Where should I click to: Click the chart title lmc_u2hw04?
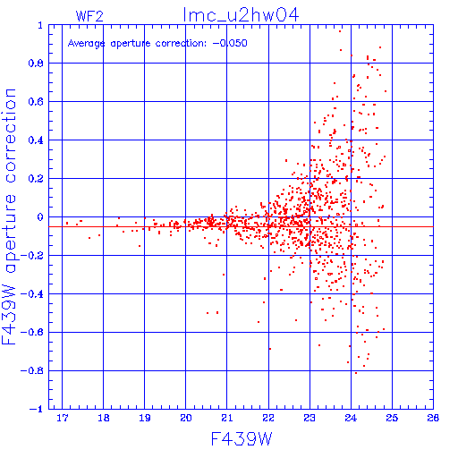pos(241,15)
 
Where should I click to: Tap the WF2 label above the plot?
pos(89,16)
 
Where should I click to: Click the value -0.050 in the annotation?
pos(230,43)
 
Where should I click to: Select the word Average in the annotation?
pos(86,44)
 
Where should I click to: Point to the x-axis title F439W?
pos(242,439)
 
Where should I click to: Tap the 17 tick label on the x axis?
pos(63,418)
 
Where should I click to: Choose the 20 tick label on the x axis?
pos(186,418)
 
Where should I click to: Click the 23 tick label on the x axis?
pos(310,418)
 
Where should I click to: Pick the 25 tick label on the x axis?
pos(392,418)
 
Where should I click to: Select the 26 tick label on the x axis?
pos(433,418)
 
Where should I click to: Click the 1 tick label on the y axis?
pos(40,25)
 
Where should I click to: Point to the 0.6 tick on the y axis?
pos(36,102)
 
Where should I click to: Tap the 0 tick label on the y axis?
pos(40,217)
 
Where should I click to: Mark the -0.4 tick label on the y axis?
pos(32,294)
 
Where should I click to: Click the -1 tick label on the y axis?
pos(36,409)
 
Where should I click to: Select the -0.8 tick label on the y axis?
pos(32,370)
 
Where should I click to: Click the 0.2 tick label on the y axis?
pos(36,179)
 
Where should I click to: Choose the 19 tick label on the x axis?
pos(145,418)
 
